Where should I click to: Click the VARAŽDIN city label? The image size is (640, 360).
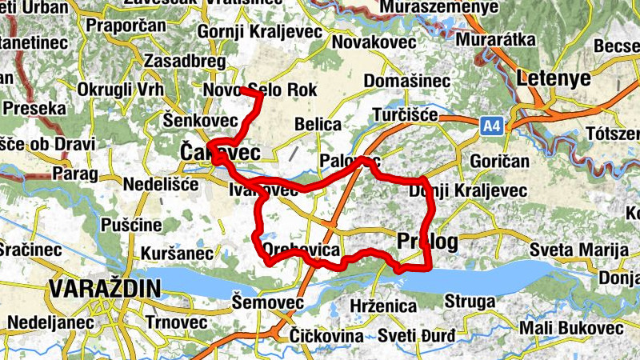pos(104,288)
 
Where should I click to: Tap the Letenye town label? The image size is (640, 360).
pos(553,78)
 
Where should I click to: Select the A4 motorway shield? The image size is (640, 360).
pos(493,126)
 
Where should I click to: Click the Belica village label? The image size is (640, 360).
pos(318,125)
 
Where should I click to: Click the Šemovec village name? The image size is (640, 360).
pos(267,302)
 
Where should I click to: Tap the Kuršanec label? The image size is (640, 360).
pos(176,254)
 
